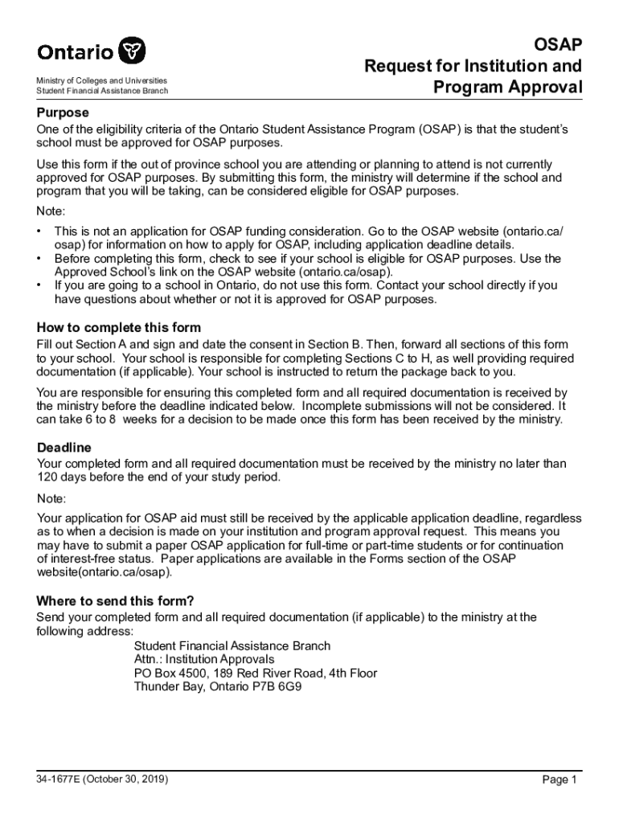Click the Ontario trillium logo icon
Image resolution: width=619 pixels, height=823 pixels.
point(133,51)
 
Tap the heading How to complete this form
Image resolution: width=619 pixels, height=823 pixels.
point(119,328)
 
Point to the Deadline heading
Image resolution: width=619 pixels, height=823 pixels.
point(64,448)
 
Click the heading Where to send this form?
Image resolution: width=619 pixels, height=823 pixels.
point(116,601)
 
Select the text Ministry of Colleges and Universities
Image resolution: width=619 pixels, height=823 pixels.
point(102,81)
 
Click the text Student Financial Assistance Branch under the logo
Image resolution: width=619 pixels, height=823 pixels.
point(102,91)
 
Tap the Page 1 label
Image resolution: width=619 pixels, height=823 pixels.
point(560,780)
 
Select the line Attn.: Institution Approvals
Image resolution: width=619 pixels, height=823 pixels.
point(204,659)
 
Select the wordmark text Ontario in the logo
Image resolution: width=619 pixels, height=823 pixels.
point(76,53)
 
